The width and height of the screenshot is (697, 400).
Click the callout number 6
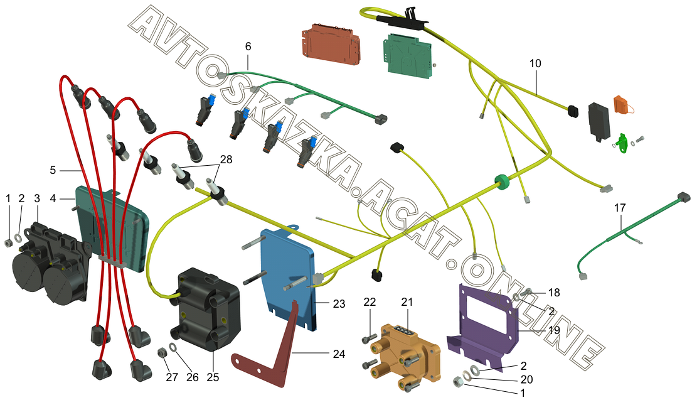pos(248,47)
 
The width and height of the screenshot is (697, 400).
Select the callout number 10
pos(535,64)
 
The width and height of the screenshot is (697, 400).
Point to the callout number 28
pos(225,159)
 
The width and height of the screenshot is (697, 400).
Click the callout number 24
pos(339,354)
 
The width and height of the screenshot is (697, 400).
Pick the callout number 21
pos(408,302)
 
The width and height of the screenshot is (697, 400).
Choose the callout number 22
pos(370,302)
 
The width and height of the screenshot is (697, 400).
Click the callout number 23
pos(339,304)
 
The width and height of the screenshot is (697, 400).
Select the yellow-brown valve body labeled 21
pos(398,352)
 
